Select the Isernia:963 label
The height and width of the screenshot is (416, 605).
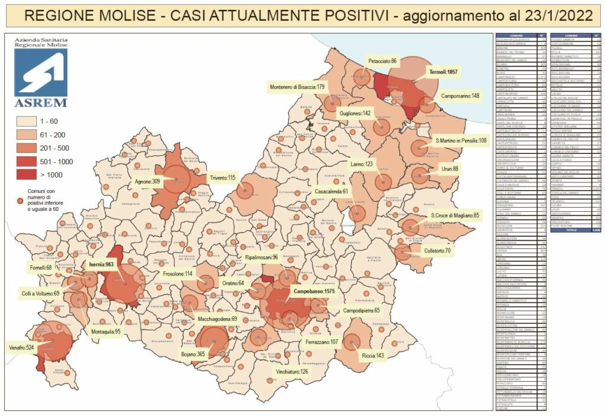(101, 265)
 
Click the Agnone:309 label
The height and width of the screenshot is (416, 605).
(148, 182)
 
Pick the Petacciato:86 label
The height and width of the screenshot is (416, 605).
(383, 61)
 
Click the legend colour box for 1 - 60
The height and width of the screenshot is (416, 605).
(28, 121)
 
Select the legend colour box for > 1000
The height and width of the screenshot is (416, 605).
(28, 174)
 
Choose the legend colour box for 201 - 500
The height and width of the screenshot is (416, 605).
(28, 148)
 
